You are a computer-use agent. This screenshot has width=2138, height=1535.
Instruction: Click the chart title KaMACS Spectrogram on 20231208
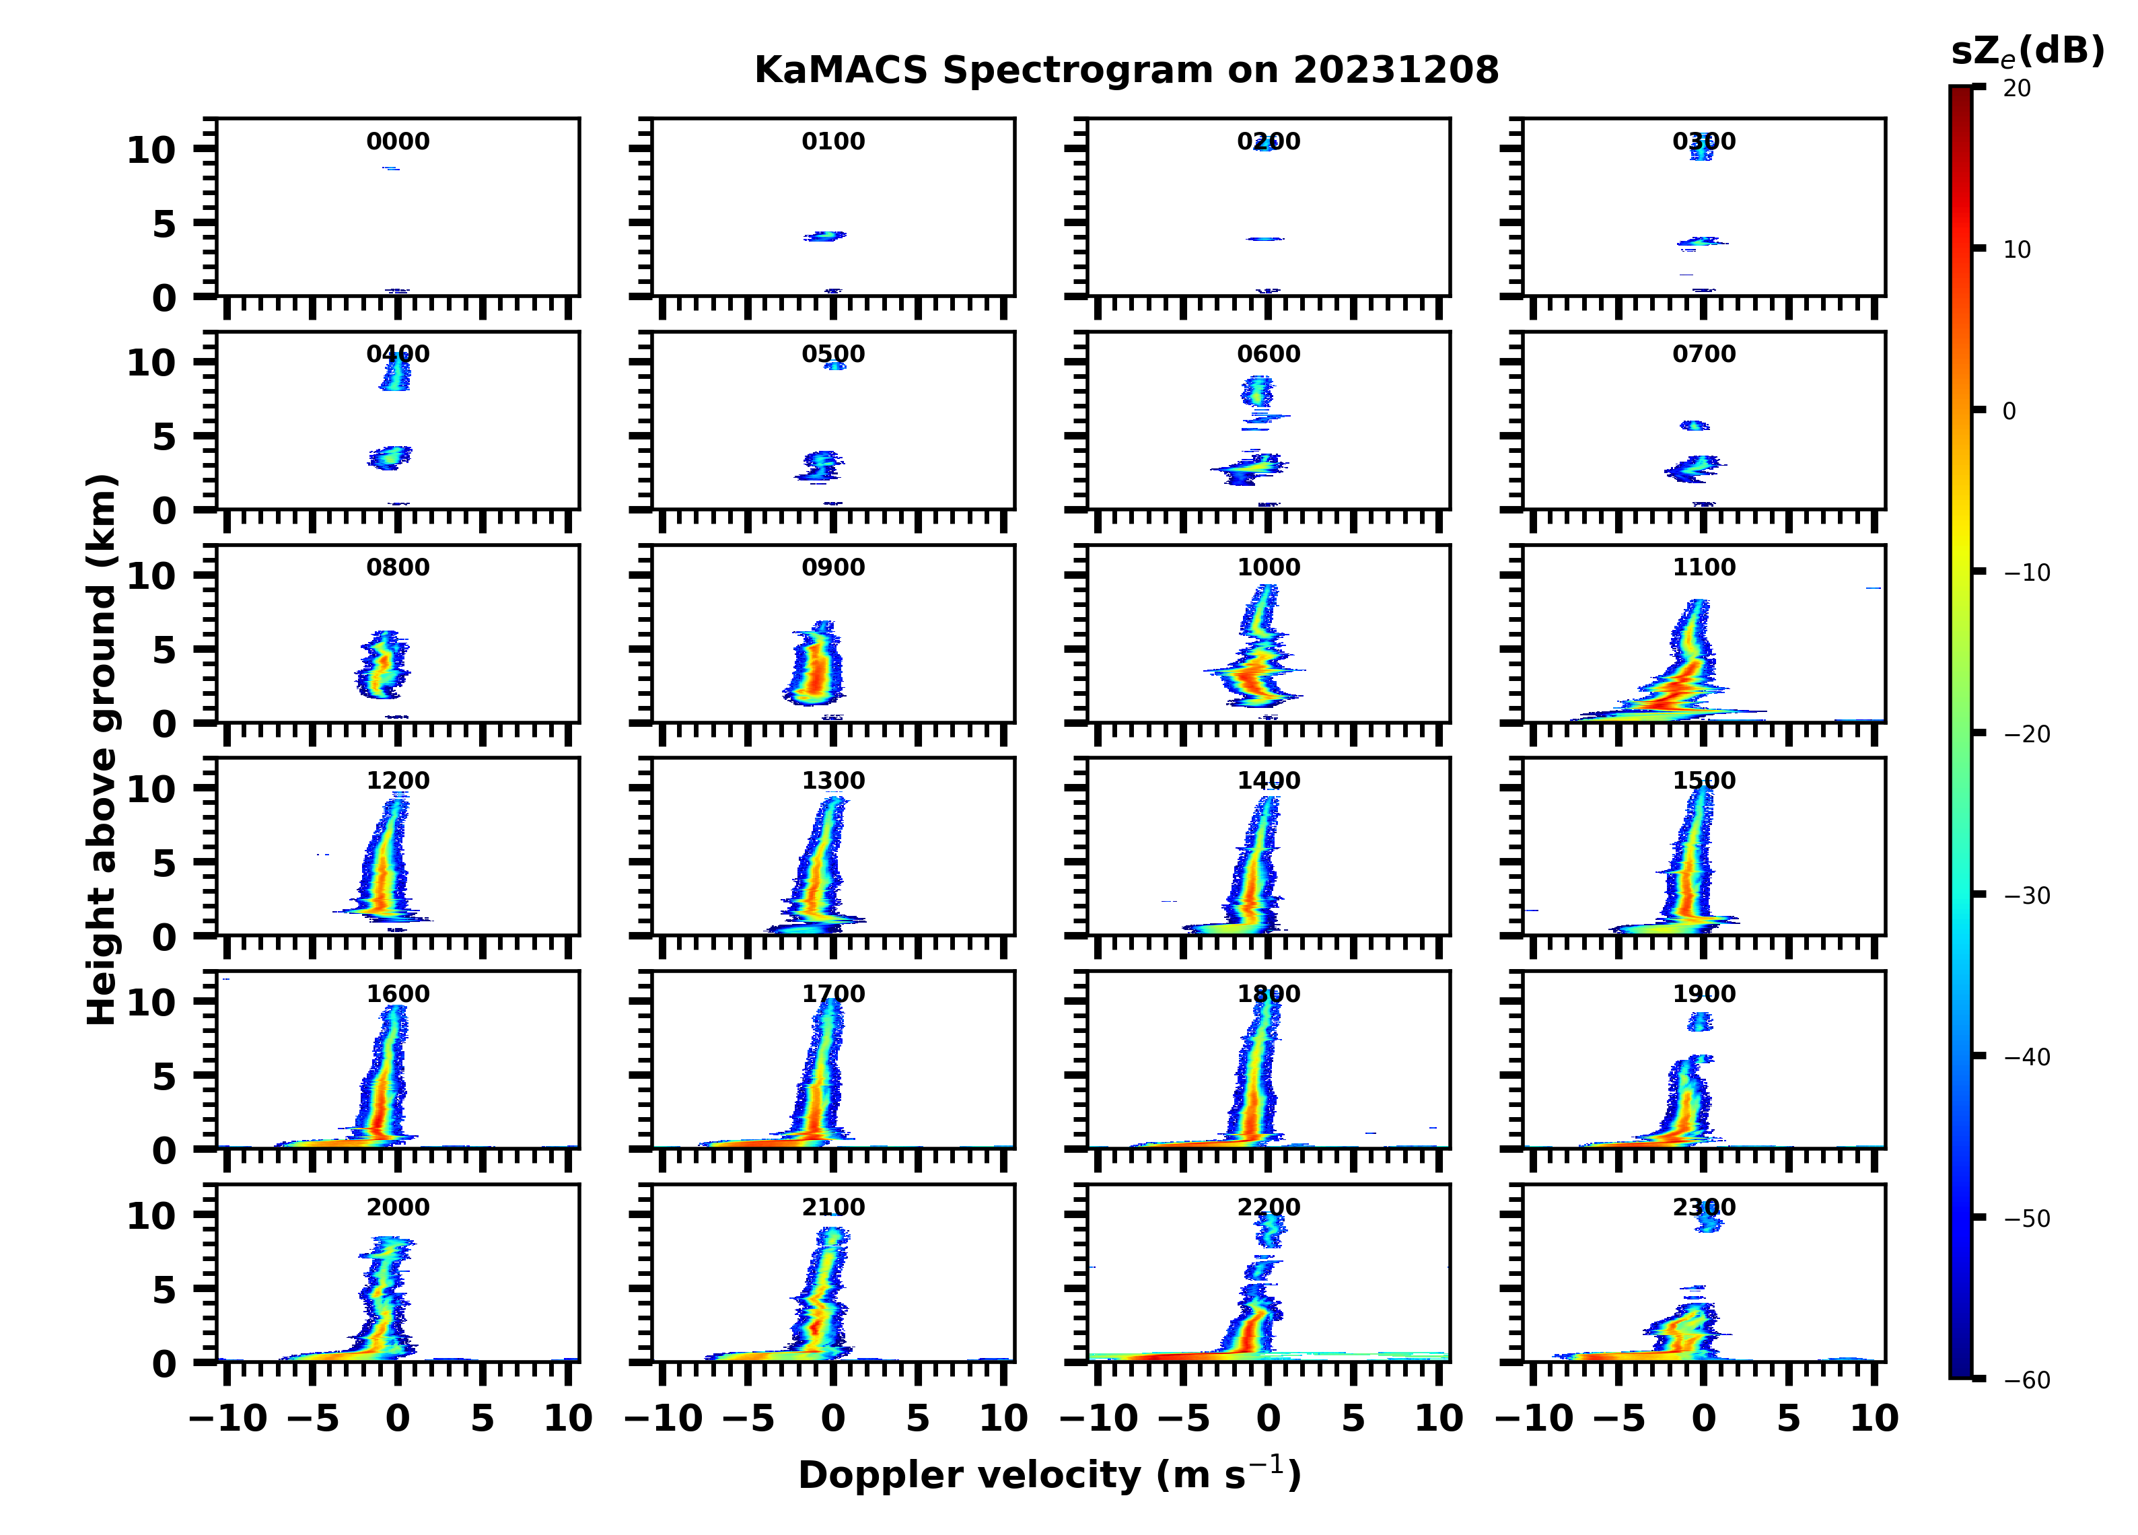click(x=1126, y=71)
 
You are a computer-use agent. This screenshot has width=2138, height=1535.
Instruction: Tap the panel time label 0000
click(x=398, y=141)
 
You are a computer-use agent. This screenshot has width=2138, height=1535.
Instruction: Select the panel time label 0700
click(x=1703, y=355)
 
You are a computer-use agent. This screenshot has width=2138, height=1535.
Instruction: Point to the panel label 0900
click(x=833, y=567)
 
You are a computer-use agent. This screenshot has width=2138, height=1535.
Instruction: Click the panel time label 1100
click(x=1703, y=567)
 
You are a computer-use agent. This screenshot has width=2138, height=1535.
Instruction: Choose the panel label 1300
click(x=833, y=781)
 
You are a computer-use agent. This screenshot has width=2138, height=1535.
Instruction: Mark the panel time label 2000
click(x=398, y=1208)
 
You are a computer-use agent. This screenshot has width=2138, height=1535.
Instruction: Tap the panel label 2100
click(x=833, y=1208)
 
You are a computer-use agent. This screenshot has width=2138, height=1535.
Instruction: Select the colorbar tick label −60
click(x=2026, y=1380)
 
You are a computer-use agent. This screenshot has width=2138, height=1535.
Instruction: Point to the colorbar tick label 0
click(x=2009, y=412)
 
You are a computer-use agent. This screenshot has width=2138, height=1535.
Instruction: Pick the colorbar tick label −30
click(x=2026, y=896)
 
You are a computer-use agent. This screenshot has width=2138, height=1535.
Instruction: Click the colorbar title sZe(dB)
click(x=2027, y=52)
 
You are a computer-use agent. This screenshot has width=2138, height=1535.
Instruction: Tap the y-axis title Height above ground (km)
click(x=102, y=750)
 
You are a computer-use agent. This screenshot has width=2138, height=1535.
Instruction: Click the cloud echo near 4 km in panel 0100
click(x=825, y=236)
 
